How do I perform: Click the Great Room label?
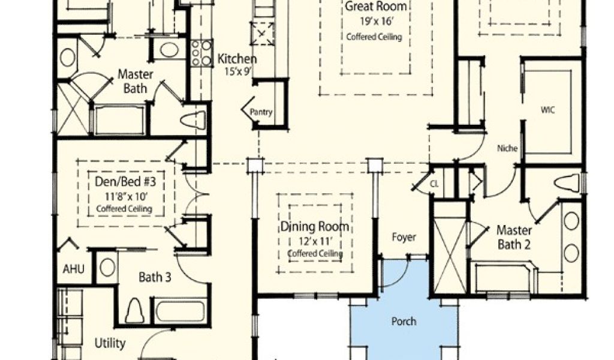pyautogui.click(x=375, y=7)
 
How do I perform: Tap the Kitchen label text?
pyautogui.click(x=237, y=59)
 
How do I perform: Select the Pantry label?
pyautogui.click(x=261, y=112)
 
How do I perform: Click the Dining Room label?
pyautogui.click(x=315, y=227)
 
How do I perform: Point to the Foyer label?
pyautogui.click(x=404, y=238)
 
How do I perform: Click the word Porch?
pyautogui.click(x=404, y=322)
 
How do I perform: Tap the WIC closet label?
pyautogui.click(x=547, y=110)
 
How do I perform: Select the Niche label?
pyautogui.click(x=507, y=148)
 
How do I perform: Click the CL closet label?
pyautogui.click(x=434, y=184)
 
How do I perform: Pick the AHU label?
pyautogui.click(x=74, y=269)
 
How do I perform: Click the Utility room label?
pyautogui.click(x=110, y=344)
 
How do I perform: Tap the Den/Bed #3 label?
pyautogui.click(x=125, y=182)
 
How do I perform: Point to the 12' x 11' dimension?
pyautogui.click(x=314, y=241)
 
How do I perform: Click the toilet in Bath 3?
pyautogui.click(x=134, y=311)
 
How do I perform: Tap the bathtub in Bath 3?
pyautogui.click(x=180, y=311)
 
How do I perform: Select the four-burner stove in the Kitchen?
pyautogui.click(x=201, y=53)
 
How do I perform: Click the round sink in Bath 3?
pyautogui.click(x=107, y=267)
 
